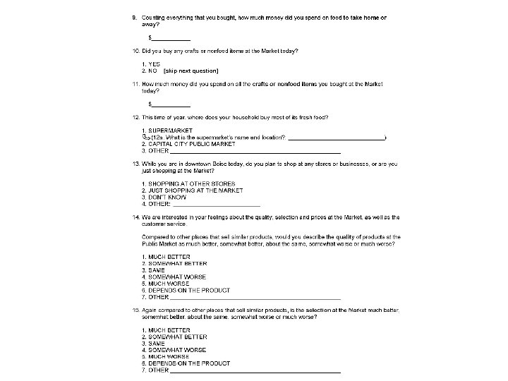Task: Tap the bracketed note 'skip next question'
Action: tap(190, 71)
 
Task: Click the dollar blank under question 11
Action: tap(171, 104)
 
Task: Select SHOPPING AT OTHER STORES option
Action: tap(192, 183)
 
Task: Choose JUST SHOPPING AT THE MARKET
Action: tap(195, 190)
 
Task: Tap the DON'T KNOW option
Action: tap(168, 197)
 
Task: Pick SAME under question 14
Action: tap(156, 270)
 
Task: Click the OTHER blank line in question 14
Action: tap(255, 297)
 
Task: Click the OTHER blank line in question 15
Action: tap(255, 370)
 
